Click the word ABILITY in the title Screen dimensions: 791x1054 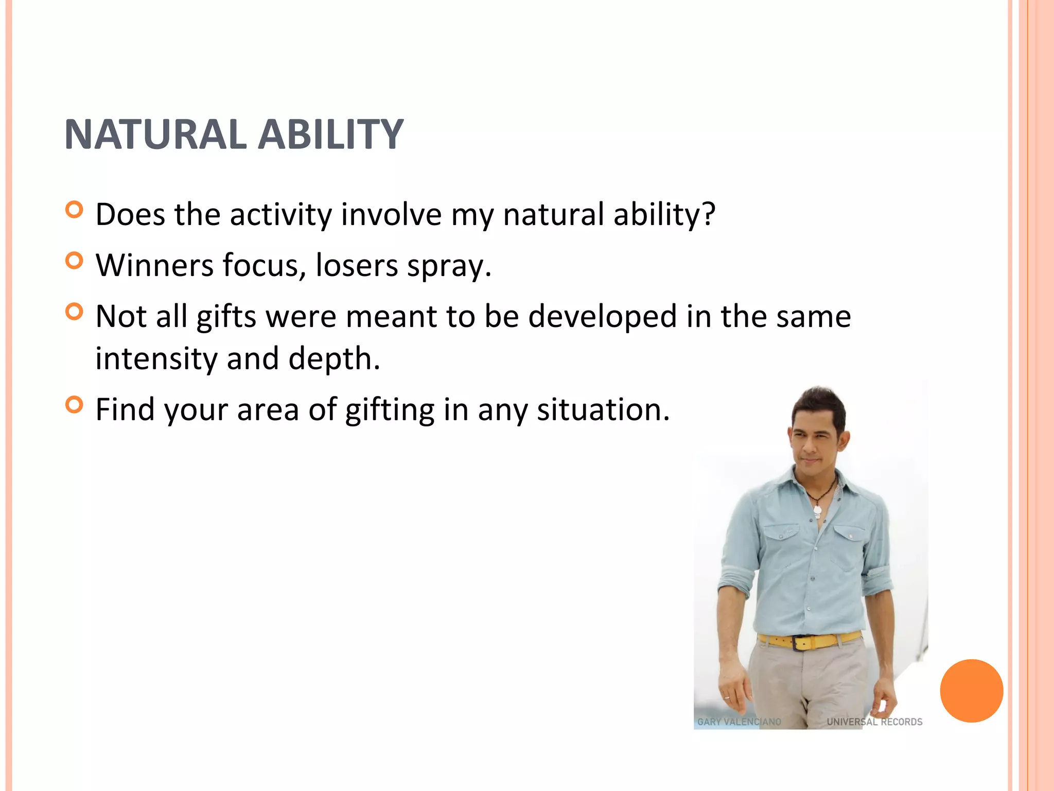(330, 135)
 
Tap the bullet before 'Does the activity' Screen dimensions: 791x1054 (75, 210)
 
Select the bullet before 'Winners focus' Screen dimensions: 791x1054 (75, 261)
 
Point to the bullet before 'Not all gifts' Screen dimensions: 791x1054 (75, 312)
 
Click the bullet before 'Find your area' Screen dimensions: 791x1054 (75, 405)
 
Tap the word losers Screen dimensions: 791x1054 (356, 265)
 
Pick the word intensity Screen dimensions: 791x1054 (156, 359)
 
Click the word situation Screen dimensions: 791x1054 (603, 410)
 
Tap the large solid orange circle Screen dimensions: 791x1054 (971, 691)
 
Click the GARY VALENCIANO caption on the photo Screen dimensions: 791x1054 (739, 722)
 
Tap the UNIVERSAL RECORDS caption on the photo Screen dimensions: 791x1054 (874, 722)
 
